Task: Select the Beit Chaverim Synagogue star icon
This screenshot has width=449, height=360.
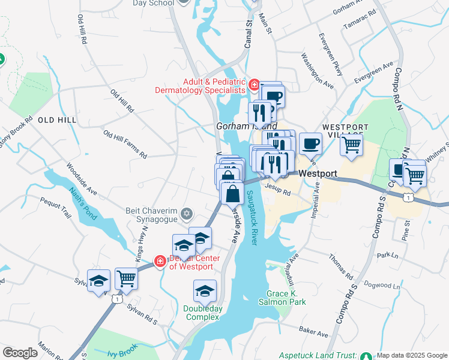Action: [x=187, y=214]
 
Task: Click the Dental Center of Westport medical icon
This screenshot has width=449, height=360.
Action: [x=160, y=261]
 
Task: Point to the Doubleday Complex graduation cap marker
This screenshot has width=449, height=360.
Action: [x=205, y=290]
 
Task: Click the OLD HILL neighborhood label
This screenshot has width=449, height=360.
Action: [x=57, y=120]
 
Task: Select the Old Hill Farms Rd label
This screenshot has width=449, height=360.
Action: [x=125, y=144]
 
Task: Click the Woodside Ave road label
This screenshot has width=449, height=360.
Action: [x=82, y=179]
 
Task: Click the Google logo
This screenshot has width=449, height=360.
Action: [x=20, y=353]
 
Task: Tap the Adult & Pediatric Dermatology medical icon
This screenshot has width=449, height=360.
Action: [x=255, y=85]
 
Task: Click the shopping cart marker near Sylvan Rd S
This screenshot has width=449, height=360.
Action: [x=126, y=278]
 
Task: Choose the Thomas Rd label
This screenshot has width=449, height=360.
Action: [x=341, y=266]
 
